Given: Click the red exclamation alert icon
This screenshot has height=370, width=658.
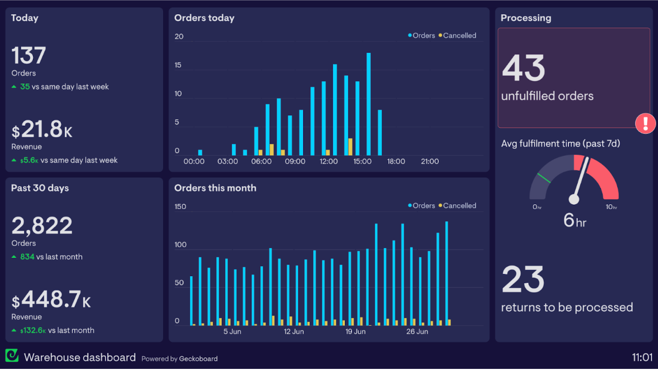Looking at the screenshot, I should click(x=645, y=123).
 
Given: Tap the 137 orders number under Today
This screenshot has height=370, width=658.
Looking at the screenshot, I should click(x=29, y=55).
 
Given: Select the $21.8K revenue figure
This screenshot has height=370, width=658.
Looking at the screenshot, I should click(x=42, y=130).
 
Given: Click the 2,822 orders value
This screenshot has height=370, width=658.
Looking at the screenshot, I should click(x=42, y=226).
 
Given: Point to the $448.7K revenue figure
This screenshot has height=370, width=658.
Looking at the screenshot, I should click(x=51, y=300).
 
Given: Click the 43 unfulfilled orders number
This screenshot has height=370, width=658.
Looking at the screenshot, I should click(x=523, y=68).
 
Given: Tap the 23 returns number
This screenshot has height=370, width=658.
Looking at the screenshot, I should click(x=523, y=279).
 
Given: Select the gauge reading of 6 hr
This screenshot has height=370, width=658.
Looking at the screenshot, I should click(x=575, y=220).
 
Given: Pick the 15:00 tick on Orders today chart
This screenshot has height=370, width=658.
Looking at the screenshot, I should click(x=363, y=161).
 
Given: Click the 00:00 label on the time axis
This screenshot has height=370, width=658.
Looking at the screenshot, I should click(x=194, y=161).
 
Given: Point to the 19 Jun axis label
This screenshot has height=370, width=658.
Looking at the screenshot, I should click(x=355, y=332).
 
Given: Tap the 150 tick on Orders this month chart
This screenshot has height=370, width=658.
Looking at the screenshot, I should click(x=180, y=207).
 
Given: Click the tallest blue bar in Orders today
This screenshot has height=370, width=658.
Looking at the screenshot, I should click(x=369, y=104).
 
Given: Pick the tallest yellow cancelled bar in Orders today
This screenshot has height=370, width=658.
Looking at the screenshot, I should click(x=350, y=147).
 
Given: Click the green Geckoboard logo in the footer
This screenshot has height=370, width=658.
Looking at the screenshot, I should click(x=12, y=355).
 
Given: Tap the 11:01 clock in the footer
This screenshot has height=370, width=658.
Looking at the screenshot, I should click(x=642, y=358).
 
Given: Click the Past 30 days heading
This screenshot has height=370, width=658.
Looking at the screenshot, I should click(x=40, y=188).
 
